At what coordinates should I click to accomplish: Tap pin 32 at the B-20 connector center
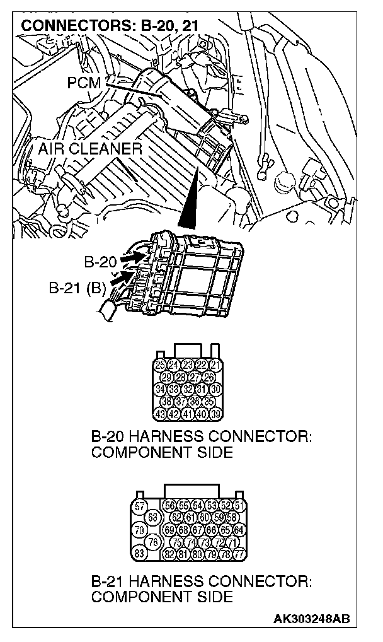188,389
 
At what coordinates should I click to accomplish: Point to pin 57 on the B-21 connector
140,506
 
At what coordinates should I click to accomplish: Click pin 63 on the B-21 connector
152,518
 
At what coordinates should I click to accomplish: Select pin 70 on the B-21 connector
140,530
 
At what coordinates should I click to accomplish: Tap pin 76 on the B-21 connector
152,542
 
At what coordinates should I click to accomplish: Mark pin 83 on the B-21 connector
140,554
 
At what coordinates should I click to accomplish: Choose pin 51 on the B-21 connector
239,506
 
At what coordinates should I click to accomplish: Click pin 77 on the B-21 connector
239,554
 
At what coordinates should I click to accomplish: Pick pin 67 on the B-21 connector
197,530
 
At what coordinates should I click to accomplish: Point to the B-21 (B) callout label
77,289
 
